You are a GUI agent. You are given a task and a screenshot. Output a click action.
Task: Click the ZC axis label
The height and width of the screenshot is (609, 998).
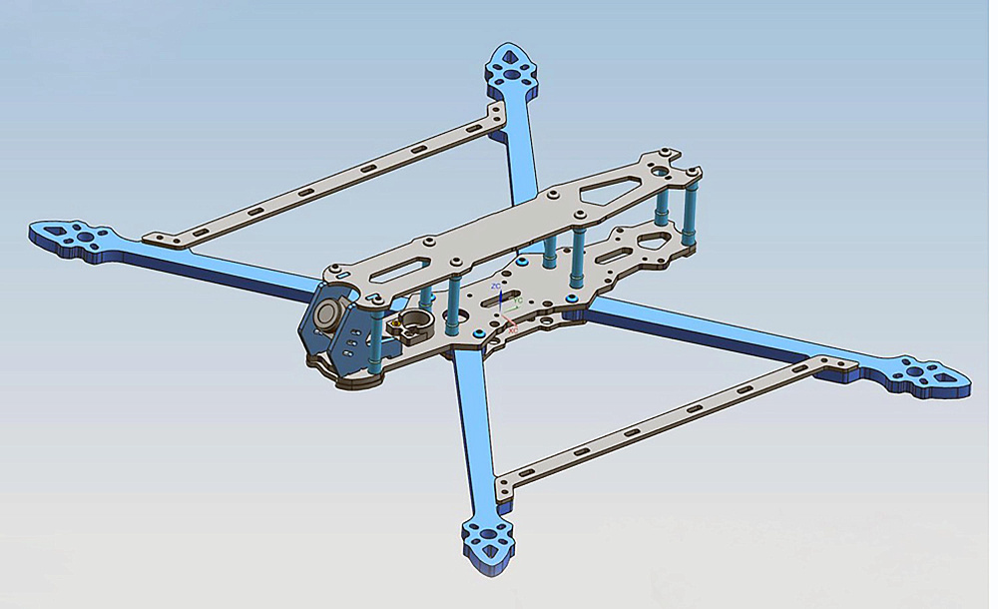pos(496,286)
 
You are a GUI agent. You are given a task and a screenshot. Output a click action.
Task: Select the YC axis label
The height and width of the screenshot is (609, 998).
pos(518,300)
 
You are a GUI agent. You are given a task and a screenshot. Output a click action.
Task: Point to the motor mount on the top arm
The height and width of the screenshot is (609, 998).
pos(511,69)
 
